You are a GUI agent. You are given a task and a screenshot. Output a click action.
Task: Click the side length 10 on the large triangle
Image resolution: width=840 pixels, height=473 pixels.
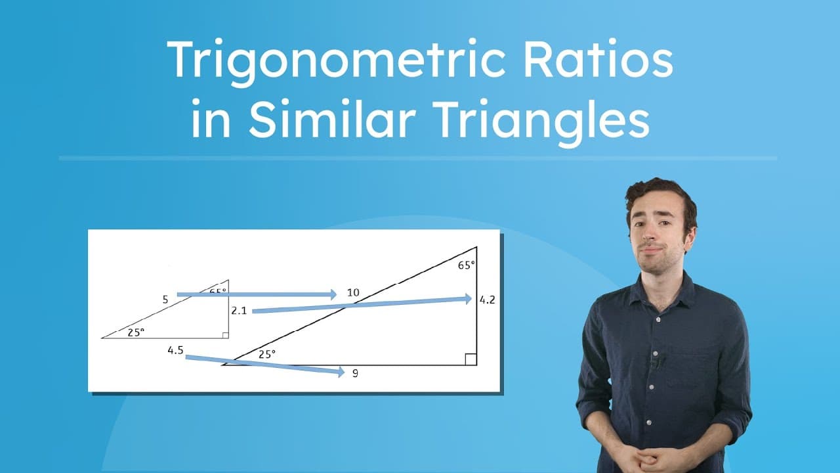click(x=353, y=292)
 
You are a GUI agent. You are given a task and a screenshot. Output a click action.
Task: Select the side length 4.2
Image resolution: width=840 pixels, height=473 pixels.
click(x=487, y=300)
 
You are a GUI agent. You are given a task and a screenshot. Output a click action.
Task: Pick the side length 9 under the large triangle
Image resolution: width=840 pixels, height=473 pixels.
click(x=355, y=373)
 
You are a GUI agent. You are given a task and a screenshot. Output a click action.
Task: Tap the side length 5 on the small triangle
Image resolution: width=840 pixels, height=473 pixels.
click(x=165, y=300)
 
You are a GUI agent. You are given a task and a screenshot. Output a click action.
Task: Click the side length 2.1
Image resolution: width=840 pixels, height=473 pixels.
click(x=239, y=310)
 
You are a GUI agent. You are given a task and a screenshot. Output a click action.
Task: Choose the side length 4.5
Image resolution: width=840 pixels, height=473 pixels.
click(x=175, y=350)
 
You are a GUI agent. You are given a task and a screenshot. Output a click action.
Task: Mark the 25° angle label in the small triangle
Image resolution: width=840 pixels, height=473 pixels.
click(x=135, y=332)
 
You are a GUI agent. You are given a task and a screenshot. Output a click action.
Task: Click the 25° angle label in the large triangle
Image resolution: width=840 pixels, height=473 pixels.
click(x=266, y=353)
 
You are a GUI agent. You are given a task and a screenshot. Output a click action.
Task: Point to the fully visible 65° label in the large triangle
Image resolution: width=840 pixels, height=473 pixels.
click(x=466, y=265)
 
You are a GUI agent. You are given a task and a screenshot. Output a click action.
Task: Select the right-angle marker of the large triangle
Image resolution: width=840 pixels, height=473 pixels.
click(x=471, y=359)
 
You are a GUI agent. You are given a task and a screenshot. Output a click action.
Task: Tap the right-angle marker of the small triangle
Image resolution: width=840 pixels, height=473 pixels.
click(x=225, y=335)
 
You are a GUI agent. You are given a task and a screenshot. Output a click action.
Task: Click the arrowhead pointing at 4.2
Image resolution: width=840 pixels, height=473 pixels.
click(x=468, y=299)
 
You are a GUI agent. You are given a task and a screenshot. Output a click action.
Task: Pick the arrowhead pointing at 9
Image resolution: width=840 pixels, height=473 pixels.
click(x=341, y=372)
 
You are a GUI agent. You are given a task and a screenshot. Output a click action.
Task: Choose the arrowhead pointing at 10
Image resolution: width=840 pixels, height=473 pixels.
click(x=333, y=294)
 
